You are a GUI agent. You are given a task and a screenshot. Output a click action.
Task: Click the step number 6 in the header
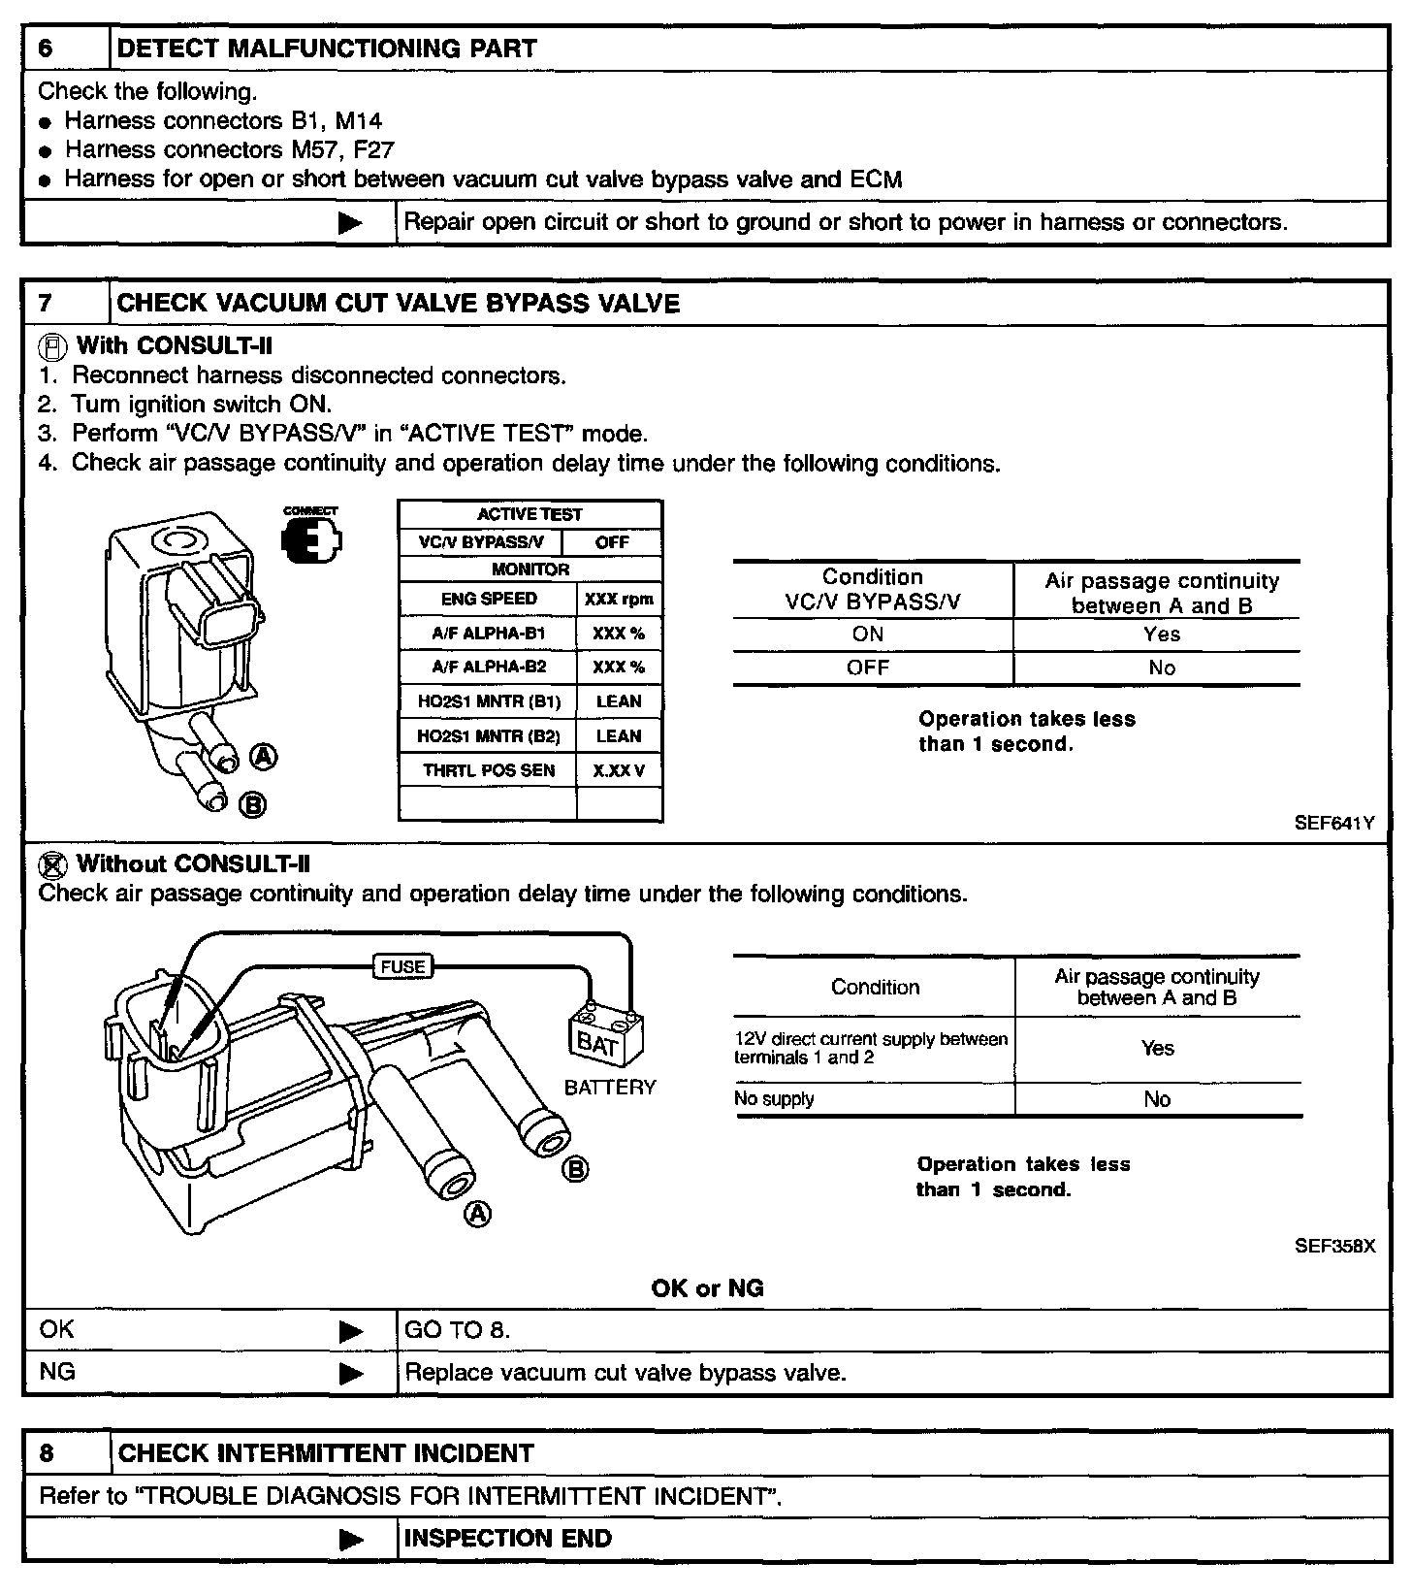coord(46,49)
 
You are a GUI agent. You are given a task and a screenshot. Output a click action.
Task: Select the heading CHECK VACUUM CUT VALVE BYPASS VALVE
coord(398,304)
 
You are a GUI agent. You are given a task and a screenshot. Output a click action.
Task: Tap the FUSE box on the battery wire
coord(402,966)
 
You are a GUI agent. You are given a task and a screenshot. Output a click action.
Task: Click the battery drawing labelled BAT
coord(605,1039)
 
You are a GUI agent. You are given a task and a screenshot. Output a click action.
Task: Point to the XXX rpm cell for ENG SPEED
coord(619,600)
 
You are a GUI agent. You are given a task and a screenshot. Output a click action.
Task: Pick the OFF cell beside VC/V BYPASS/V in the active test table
coord(612,542)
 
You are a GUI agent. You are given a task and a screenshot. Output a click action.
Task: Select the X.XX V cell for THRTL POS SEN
coord(619,770)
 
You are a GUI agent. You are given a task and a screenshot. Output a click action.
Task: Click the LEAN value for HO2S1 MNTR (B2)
coord(619,736)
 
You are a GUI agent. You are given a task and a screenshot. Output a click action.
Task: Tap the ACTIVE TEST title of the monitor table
coord(529,514)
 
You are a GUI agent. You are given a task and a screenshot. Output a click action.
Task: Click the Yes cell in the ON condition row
coord(1161,635)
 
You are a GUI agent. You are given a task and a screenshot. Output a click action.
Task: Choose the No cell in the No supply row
coord(1157,1099)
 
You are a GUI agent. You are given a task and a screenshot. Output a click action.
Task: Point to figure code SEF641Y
coord(1334,824)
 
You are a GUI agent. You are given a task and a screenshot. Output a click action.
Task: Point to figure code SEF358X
coord(1334,1247)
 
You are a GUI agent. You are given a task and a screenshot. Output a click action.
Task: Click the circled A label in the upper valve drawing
coord(264,757)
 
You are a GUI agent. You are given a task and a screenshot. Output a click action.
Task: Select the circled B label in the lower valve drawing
coord(575,1169)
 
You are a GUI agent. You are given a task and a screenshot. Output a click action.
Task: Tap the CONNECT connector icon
coord(310,539)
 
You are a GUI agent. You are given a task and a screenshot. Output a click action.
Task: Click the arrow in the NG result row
coord(351,1374)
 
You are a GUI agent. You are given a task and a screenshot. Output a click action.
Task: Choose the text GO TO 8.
coord(457,1330)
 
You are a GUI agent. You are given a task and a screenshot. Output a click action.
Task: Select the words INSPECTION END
coord(507,1539)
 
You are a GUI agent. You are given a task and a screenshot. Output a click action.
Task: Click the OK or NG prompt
coord(707,1288)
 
